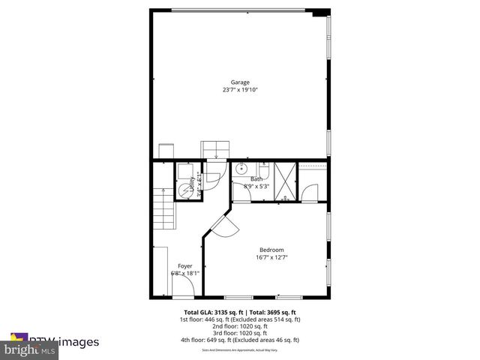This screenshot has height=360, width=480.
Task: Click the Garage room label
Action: tap(240, 82)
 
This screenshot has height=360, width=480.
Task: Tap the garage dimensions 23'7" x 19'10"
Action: tap(240, 90)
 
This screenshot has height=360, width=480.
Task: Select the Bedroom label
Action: tap(271, 250)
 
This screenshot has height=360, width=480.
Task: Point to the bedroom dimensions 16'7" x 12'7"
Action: tap(271, 257)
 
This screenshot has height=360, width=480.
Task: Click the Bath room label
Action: tap(256, 178)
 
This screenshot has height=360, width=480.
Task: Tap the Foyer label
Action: tap(184, 266)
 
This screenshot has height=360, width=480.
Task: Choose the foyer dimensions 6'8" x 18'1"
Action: tap(184, 274)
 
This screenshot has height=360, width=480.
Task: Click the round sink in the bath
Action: tap(241, 169)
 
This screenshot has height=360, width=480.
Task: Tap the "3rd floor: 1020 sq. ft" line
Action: tap(240, 333)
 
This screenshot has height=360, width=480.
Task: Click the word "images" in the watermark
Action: tap(78, 342)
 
